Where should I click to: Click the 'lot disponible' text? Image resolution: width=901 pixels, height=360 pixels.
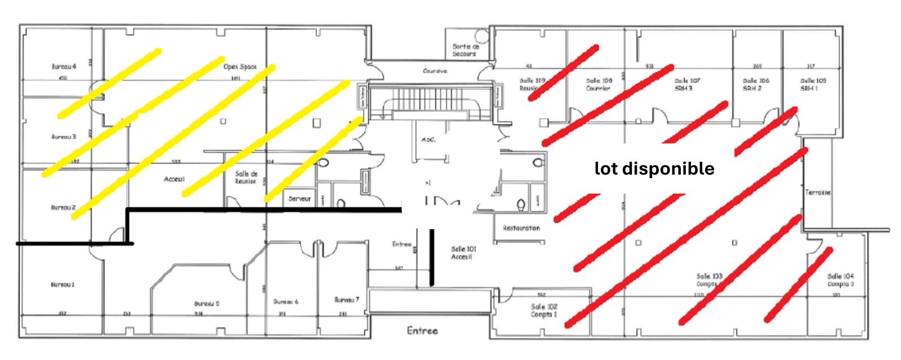click(654, 168)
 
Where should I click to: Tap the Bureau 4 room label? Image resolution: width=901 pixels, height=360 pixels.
click(64, 66)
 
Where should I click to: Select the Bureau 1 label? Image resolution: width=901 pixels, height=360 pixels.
click(63, 285)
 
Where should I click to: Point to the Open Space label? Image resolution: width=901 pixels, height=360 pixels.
click(240, 66)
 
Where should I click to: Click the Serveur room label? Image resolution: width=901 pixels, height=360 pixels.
click(300, 199)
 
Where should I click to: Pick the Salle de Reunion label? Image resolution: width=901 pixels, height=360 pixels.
click(246, 177)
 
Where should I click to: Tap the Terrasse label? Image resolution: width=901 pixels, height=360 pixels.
click(818, 193)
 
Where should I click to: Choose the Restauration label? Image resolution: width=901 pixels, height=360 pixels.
click(521, 228)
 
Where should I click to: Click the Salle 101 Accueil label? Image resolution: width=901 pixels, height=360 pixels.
click(463, 252)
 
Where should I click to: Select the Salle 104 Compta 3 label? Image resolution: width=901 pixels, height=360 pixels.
click(840, 280)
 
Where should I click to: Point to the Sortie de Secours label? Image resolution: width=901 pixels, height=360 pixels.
click(466, 50)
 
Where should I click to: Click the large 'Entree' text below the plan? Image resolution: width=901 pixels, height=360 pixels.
click(422, 331)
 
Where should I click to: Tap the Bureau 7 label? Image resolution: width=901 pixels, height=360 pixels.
click(346, 300)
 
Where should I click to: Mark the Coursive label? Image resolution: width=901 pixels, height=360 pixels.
click(435, 71)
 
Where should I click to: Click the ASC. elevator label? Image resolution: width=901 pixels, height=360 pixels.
click(429, 140)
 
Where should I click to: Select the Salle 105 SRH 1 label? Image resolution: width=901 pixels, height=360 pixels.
click(813, 85)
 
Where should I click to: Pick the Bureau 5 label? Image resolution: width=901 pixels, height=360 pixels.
click(207, 304)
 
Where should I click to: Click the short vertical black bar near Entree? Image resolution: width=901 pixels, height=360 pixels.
click(432, 256)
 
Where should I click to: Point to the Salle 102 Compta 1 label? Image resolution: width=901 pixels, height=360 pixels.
click(543, 310)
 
